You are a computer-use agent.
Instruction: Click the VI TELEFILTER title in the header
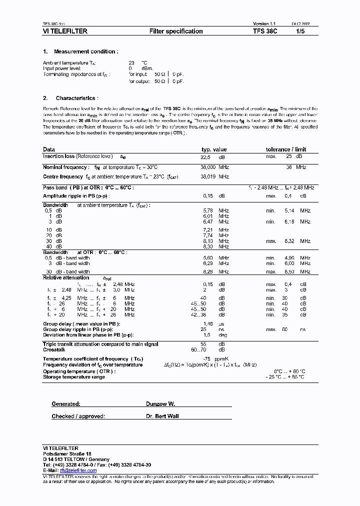click(65, 31)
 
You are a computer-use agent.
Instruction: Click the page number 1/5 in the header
click(301, 31)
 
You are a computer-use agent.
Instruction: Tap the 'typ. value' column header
click(214, 149)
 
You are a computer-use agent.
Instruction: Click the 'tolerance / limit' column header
click(286, 149)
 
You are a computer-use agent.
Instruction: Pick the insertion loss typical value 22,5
click(206, 156)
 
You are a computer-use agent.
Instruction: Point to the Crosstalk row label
click(53, 349)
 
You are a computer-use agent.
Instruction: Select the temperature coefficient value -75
click(206, 359)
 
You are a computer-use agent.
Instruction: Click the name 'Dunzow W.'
click(160, 404)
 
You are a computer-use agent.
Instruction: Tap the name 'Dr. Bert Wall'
click(162, 416)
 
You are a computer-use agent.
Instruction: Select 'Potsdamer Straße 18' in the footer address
click(67, 453)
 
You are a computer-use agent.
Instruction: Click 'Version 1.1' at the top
click(264, 24)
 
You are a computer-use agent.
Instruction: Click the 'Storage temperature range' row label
click(74, 377)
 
